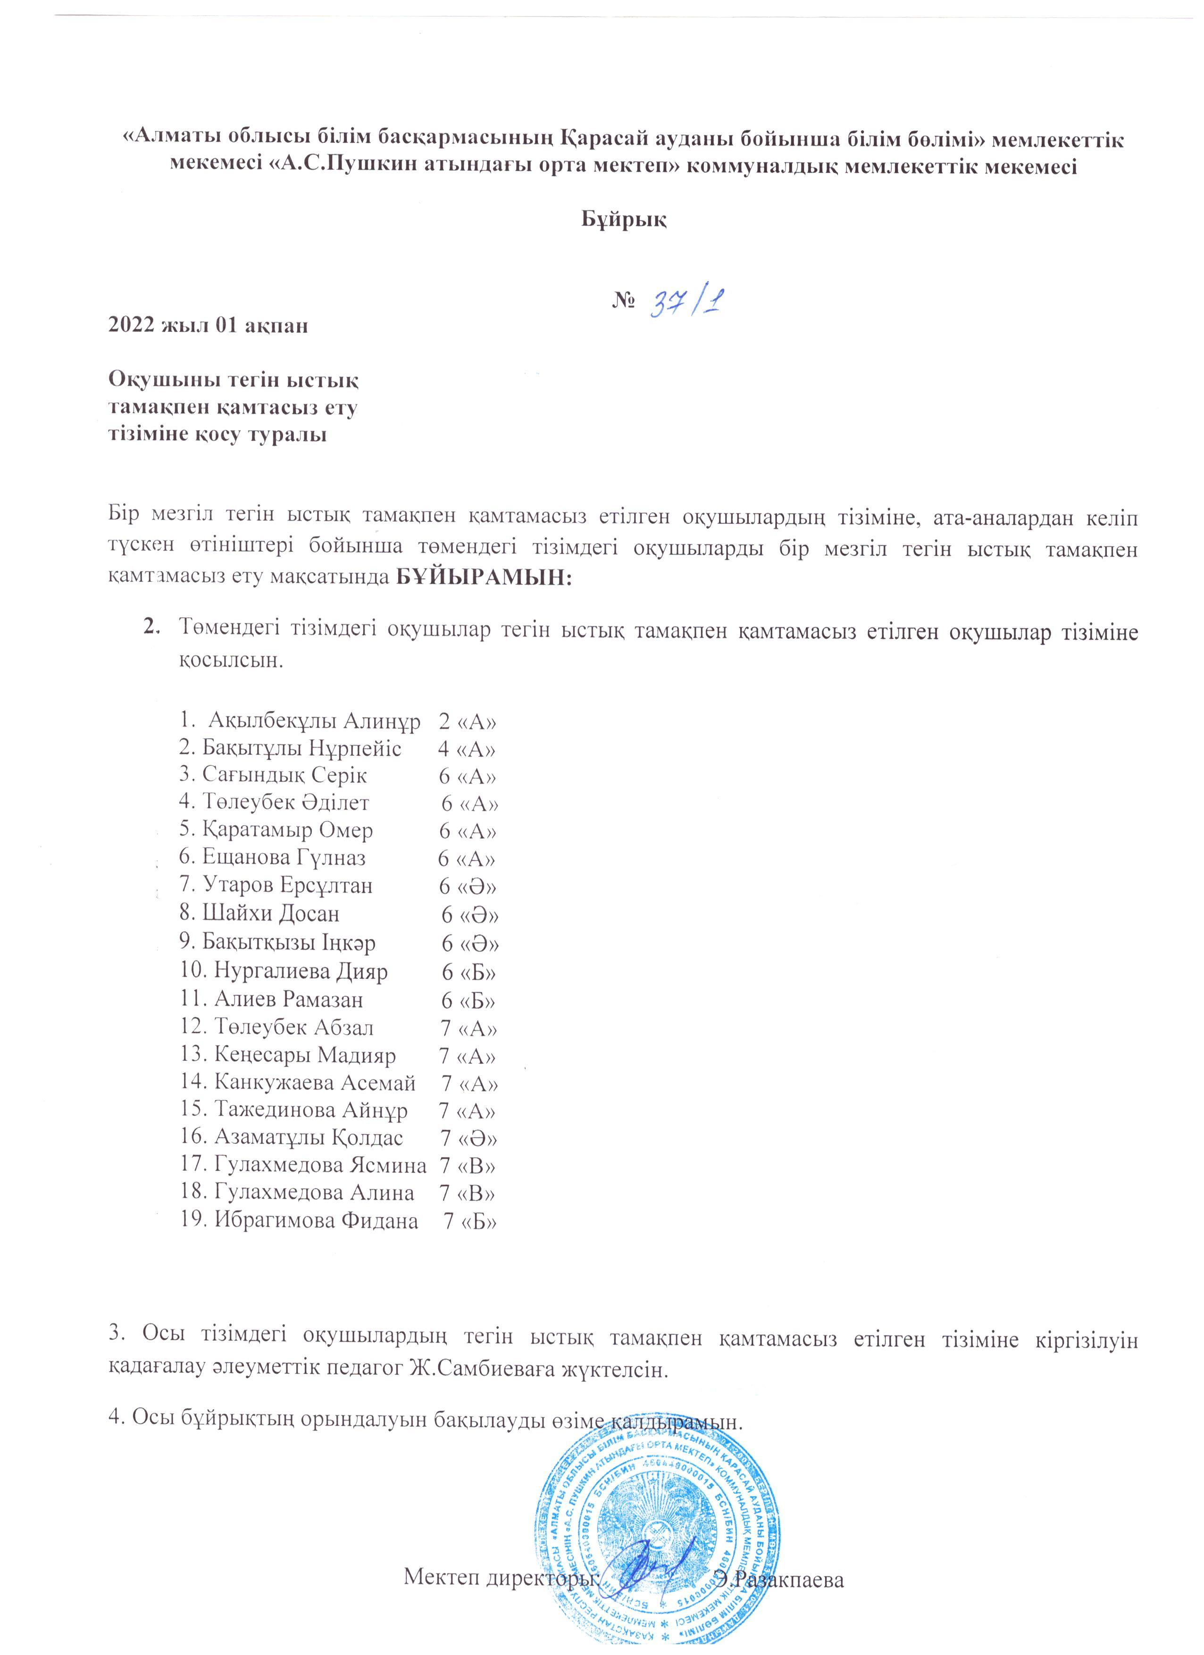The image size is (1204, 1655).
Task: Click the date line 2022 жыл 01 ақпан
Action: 208,325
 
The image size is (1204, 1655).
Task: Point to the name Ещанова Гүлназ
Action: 272,857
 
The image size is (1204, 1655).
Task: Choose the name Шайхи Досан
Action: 259,913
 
